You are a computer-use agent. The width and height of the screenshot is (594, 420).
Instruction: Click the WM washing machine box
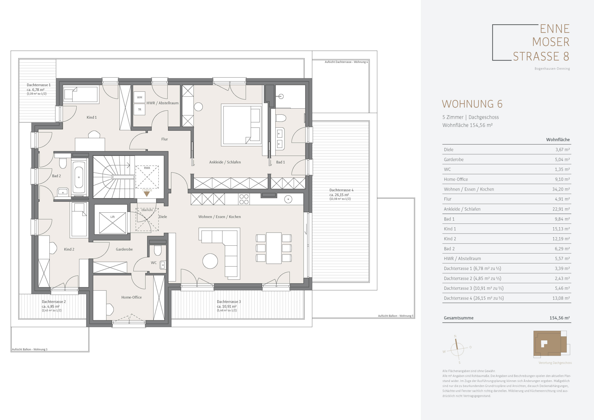[139, 97]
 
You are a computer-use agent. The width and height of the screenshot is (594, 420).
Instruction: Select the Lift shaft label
[113, 217]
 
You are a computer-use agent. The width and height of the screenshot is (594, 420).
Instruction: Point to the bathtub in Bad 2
[79, 177]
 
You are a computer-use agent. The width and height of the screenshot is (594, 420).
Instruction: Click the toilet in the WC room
[158, 250]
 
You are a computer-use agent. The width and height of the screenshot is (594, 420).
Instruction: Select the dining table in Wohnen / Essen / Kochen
[274, 248]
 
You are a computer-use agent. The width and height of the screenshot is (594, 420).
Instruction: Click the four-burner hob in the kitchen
[244, 199]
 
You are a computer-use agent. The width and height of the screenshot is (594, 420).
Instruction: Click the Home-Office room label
[131, 297]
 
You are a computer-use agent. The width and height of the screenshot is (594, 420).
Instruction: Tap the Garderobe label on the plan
[124, 249]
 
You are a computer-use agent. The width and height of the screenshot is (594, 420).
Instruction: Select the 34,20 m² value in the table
[561, 189]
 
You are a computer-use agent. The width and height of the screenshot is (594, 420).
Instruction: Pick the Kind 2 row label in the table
[450, 239]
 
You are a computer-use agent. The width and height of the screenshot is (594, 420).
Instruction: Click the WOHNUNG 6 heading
[472, 104]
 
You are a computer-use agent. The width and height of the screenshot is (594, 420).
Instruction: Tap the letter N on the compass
[455, 337]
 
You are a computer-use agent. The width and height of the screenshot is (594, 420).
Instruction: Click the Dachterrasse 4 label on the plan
[341, 190]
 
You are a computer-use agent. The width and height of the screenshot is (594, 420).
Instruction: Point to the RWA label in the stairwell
[147, 168]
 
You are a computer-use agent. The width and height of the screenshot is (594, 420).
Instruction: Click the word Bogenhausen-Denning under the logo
[552, 69]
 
